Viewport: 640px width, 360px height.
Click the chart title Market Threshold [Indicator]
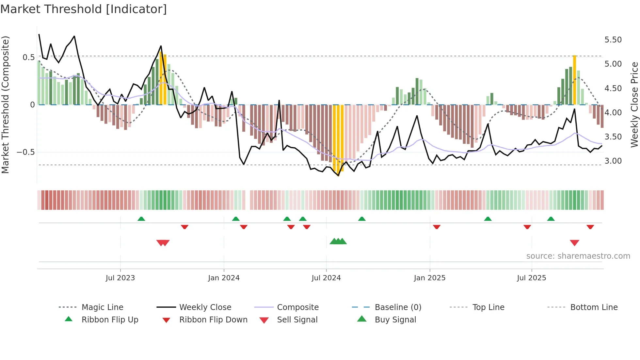click(84, 9)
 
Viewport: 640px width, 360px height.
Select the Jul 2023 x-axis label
click(120, 278)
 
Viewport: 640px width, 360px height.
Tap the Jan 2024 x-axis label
click(224, 278)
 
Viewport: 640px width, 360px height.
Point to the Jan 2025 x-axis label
click(429, 278)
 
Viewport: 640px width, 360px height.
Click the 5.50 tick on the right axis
click(613, 40)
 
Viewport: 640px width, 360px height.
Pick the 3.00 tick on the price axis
click(613, 161)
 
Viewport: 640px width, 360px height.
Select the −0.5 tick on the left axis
click(25, 152)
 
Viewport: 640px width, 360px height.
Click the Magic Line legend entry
click(102, 307)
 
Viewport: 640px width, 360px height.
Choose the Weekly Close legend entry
click(205, 307)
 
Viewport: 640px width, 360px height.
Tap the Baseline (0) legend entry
click(398, 307)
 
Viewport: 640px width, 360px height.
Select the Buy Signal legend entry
click(395, 320)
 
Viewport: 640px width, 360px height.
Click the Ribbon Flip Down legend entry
click(213, 320)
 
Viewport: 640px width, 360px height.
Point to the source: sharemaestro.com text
click(578, 256)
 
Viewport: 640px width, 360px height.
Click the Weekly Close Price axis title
click(634, 105)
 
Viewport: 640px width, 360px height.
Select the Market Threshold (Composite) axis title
click(5, 105)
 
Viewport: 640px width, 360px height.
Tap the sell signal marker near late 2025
click(574, 243)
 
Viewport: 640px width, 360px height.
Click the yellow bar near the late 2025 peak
click(574, 80)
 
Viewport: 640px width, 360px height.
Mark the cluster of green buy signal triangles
click(338, 241)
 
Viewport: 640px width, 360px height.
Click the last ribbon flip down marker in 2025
click(590, 227)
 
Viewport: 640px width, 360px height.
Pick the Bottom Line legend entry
click(594, 307)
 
